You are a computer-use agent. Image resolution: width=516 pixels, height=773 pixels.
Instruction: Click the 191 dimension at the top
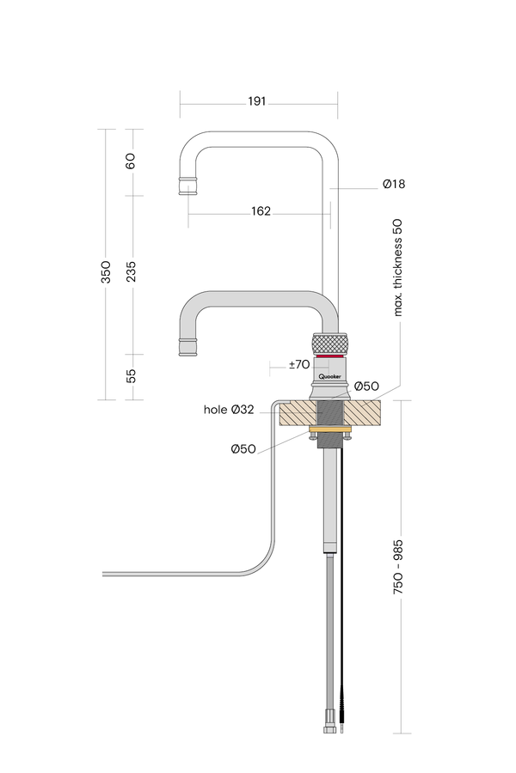pyautogui.click(x=256, y=101)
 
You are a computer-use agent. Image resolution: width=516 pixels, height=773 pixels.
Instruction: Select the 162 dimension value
pyautogui.click(x=261, y=211)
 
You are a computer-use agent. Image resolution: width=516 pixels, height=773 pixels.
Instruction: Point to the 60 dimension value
pyautogui.click(x=131, y=161)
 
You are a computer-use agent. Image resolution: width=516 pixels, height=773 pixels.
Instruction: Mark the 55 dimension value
pyautogui.click(x=131, y=376)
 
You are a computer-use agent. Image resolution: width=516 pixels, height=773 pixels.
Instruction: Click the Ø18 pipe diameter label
pyautogui.click(x=394, y=185)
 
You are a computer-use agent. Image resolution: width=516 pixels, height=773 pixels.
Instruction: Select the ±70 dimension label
pyautogui.click(x=298, y=365)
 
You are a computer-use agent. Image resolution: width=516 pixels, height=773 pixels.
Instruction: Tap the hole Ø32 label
pyautogui.click(x=229, y=410)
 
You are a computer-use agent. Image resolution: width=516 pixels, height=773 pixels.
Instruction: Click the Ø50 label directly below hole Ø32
pyautogui.click(x=243, y=449)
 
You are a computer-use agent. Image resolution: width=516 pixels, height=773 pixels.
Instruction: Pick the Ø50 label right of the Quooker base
pyautogui.click(x=367, y=386)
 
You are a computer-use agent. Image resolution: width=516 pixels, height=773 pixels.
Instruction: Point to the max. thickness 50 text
pyautogui.click(x=398, y=267)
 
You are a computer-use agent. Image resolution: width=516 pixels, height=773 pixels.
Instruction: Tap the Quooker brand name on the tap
pyautogui.click(x=331, y=375)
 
